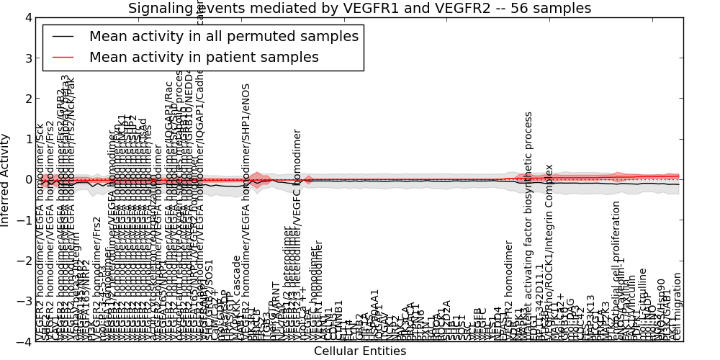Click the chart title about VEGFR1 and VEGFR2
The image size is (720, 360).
point(359,8)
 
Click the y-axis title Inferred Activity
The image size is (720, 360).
point(6,179)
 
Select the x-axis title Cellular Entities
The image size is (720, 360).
point(360,351)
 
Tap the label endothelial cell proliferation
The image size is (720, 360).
point(616,271)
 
